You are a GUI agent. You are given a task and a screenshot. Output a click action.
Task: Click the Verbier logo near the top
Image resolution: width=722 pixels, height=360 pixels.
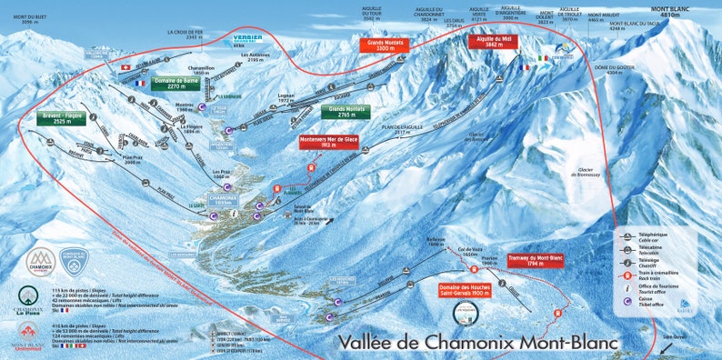click(x=247, y=40)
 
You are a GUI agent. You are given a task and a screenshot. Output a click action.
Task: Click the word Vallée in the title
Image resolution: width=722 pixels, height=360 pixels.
click(x=373, y=343)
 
